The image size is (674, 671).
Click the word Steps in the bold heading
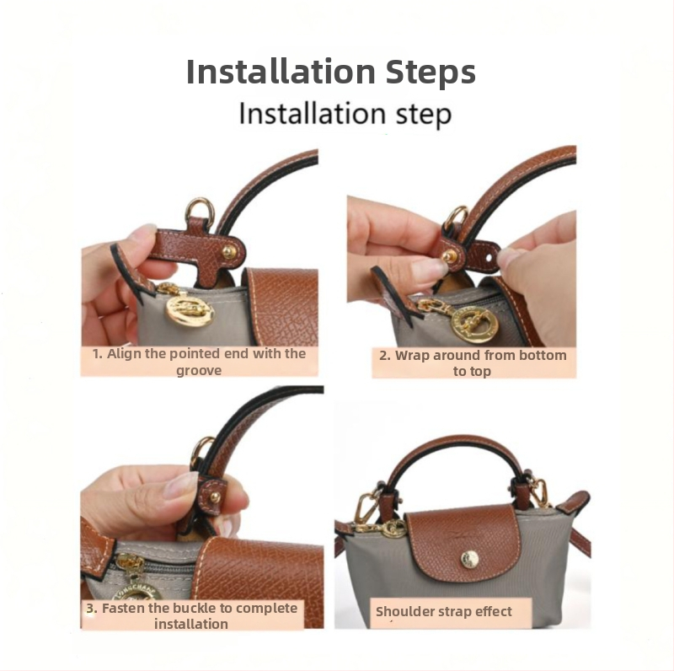(x=431, y=72)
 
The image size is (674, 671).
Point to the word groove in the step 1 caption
(x=199, y=370)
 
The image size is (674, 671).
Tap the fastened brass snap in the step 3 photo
(x=216, y=497)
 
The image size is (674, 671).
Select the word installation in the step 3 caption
(x=191, y=624)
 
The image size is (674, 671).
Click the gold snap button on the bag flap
(x=469, y=560)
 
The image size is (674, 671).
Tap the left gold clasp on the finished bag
(x=367, y=510)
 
